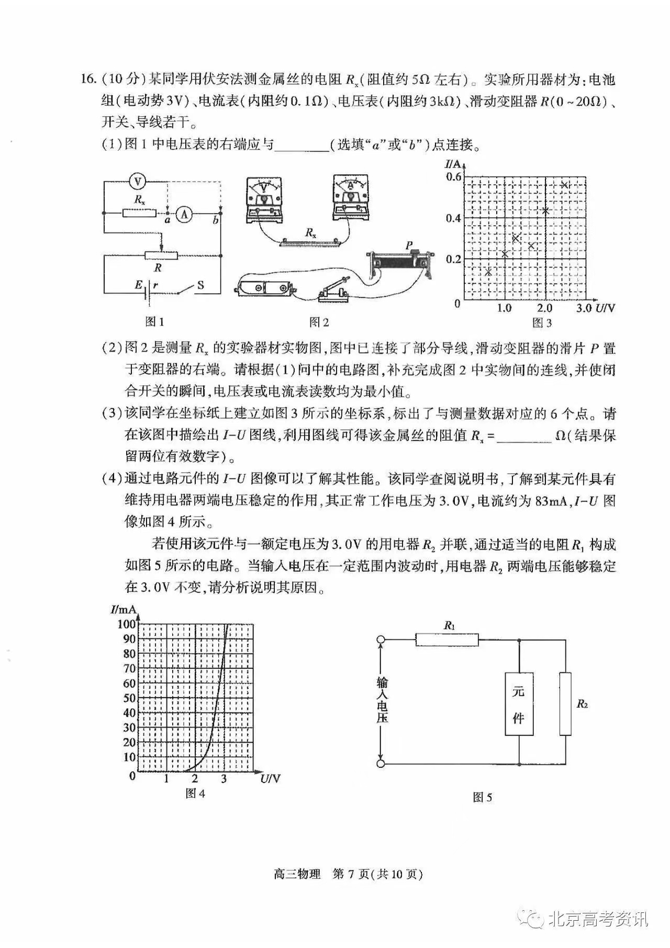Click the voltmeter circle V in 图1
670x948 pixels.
tap(138, 182)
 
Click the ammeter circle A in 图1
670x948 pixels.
tap(184, 213)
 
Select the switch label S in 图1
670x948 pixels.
tap(200, 285)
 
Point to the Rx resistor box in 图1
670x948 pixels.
tap(139, 213)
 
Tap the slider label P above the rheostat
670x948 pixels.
tap(409, 245)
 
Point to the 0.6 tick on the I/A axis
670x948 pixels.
tap(453, 177)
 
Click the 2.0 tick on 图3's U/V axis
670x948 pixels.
tap(544, 308)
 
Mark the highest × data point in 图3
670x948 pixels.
tap(564, 184)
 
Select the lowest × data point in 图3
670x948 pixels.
tap(488, 272)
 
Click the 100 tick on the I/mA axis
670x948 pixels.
tap(126, 624)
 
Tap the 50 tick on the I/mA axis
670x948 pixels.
tap(129, 698)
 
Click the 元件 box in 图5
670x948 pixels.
tap(519, 704)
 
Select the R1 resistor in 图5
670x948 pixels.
tap(446, 639)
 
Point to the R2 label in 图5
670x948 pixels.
tap(582, 704)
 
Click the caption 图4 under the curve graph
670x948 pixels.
tap(195, 794)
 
